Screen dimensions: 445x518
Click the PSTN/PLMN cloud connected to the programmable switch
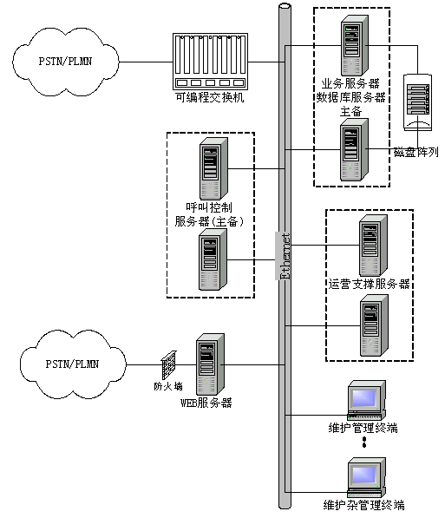[65, 62]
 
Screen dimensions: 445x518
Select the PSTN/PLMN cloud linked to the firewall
[73, 364]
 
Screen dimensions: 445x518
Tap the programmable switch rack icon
[210, 62]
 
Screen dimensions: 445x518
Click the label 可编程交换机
[209, 97]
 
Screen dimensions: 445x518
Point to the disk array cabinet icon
[417, 102]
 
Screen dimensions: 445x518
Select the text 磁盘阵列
[416, 152]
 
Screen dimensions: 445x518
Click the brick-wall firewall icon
[169, 365]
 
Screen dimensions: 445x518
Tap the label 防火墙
[168, 386]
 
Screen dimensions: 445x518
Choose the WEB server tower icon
[211, 364]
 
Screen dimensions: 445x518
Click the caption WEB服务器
[206, 403]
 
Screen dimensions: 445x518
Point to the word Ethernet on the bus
[285, 256]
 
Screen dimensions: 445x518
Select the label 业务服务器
[350, 83]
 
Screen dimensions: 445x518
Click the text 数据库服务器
[350, 97]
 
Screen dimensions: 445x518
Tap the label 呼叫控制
[209, 207]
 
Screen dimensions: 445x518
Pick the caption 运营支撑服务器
[369, 284]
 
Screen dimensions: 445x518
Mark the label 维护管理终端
[363, 428]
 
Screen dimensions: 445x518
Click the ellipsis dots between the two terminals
[364, 442]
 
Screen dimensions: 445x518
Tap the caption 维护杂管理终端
[363, 506]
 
